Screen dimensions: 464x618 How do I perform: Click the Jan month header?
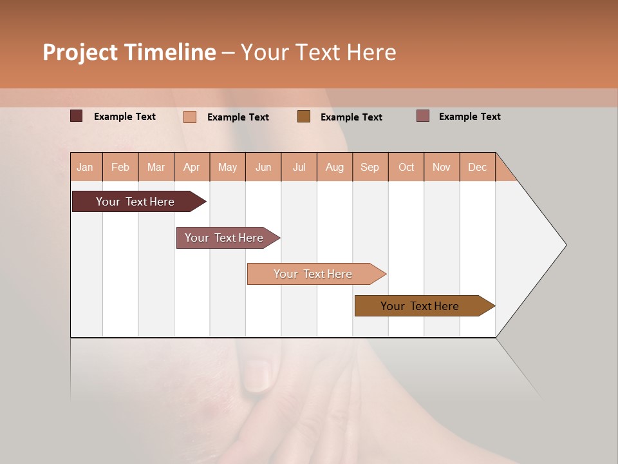tap(85, 167)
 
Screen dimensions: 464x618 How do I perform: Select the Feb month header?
tap(120, 167)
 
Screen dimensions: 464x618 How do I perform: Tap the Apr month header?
tap(192, 167)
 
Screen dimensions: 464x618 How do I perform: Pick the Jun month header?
tap(263, 167)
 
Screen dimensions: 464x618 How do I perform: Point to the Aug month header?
tap(335, 167)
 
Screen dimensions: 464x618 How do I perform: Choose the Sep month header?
tap(370, 167)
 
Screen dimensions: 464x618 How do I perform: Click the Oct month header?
tap(406, 167)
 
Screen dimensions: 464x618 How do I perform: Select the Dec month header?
tap(477, 167)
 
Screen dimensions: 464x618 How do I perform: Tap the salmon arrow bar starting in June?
tap(314, 274)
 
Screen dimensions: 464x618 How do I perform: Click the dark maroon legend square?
tap(77, 116)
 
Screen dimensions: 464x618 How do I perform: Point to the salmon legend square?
tap(190, 117)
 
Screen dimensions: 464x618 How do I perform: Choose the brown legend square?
tap(304, 116)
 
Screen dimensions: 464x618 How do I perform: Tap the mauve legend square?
tap(423, 116)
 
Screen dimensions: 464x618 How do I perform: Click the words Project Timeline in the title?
tap(129, 52)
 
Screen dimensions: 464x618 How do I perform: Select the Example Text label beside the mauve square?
tap(469, 117)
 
